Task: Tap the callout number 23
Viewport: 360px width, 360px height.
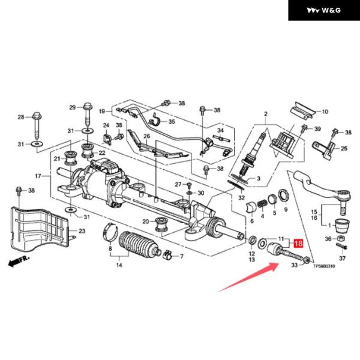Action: [x=82, y=231]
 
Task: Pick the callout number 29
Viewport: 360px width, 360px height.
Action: [x=72, y=107]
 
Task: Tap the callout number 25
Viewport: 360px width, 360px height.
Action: [x=344, y=148]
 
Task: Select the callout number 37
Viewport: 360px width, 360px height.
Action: [x=343, y=259]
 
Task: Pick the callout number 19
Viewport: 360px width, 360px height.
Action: [x=102, y=111]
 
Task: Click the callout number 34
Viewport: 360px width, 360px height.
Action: [x=220, y=130]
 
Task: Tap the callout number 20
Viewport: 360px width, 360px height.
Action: [x=145, y=221]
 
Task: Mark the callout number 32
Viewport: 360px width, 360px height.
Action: [x=241, y=197]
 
